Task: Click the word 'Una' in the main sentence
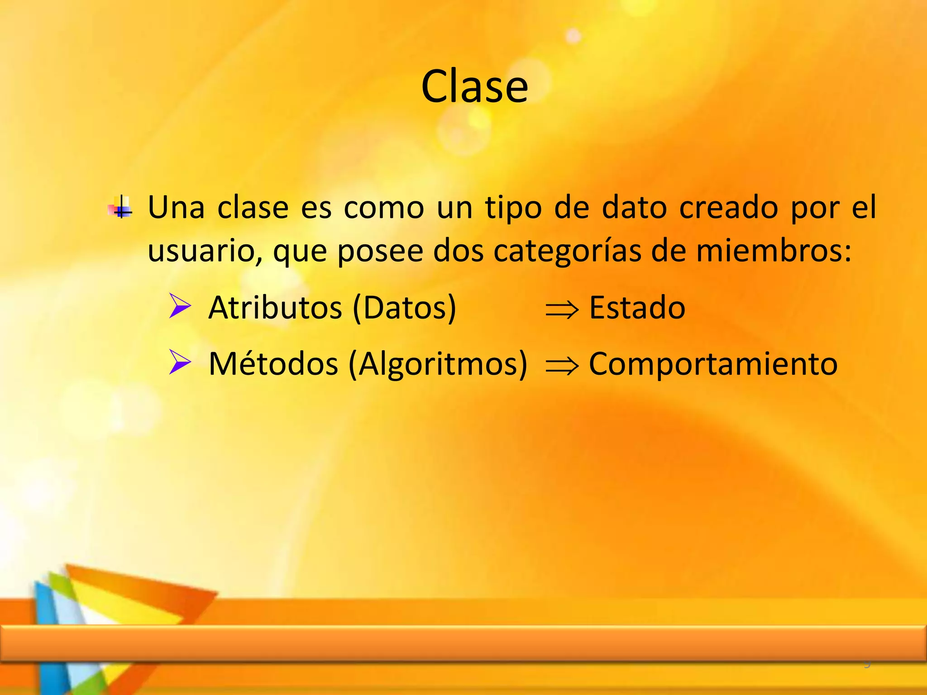pos(176,208)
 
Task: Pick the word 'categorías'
pos(567,252)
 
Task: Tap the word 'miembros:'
pos(774,251)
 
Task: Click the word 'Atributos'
pos(275,308)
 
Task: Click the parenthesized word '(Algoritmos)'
pos(438,365)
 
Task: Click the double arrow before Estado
pos(562,310)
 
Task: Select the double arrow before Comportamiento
pos(562,366)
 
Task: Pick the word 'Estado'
pos(637,308)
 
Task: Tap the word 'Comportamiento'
pos(713,365)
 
